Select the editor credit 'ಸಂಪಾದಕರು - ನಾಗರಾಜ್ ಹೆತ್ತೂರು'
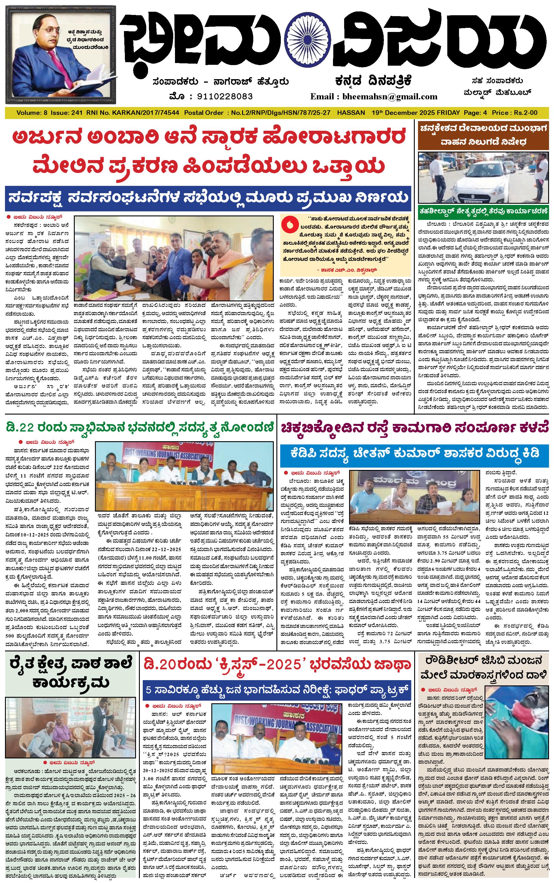click(221, 81)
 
